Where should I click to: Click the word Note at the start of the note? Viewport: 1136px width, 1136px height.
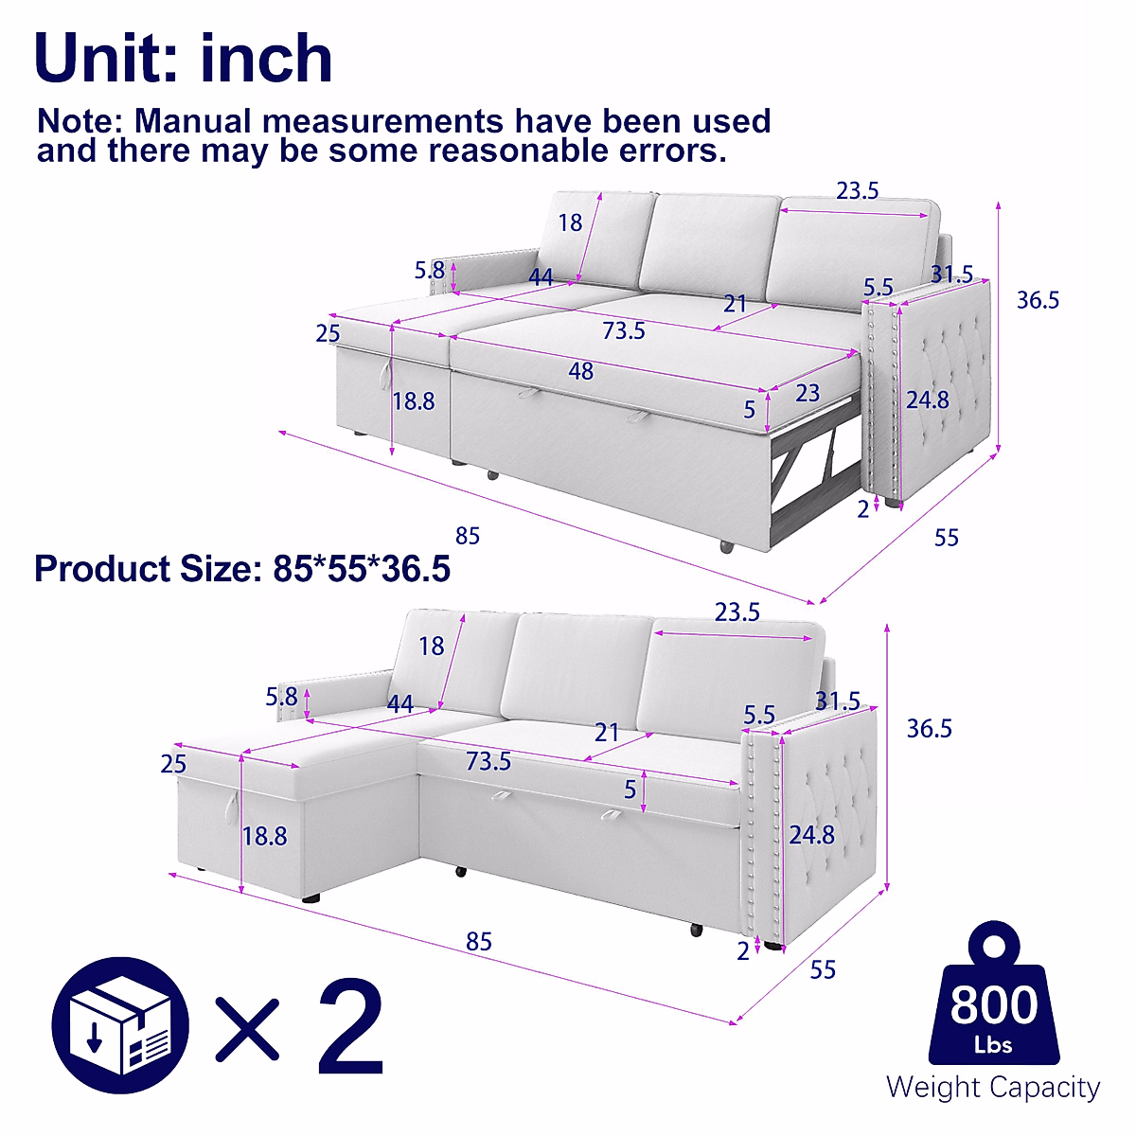80,121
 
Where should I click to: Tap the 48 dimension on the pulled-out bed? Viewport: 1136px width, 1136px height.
580,371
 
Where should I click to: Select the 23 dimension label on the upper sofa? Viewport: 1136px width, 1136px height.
807,392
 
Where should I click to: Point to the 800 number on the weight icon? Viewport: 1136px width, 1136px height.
993,1004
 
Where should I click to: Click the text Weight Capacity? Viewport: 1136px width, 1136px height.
993,1087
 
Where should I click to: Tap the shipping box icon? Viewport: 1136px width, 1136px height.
120,1028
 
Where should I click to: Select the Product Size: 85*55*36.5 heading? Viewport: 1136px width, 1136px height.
242,569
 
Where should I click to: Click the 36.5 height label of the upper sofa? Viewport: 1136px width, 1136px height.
1038,300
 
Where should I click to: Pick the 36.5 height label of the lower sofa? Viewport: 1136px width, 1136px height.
929,728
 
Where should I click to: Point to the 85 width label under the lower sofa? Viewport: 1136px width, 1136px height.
479,941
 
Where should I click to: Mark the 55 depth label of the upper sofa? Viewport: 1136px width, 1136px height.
947,538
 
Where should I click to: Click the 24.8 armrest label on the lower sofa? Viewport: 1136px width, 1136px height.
812,834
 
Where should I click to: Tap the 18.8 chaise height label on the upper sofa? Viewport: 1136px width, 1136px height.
414,401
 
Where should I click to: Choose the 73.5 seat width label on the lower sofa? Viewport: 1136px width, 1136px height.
488,761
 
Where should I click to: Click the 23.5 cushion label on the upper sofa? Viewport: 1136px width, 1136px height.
857,191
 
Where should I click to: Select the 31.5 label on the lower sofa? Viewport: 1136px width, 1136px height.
838,701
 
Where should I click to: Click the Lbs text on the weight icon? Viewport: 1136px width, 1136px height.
993,1045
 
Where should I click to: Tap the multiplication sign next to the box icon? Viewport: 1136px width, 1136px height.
248,1028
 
